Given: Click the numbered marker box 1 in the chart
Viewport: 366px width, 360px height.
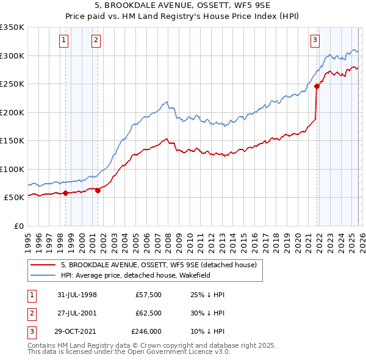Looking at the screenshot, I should pyautogui.click(x=65, y=41).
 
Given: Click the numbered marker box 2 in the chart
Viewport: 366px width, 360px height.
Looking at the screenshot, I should pyautogui.click(x=96, y=41).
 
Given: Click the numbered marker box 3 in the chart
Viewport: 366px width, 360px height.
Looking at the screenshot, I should pyautogui.click(x=315, y=41).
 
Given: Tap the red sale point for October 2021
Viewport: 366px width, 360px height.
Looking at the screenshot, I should pyautogui.click(x=317, y=87).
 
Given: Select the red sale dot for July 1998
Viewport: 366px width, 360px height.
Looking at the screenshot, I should pyautogui.click(x=65, y=193).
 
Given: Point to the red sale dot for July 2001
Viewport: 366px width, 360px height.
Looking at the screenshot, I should pyautogui.click(x=98, y=190).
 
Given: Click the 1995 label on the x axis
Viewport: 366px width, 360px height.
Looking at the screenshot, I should pyautogui.click(x=28, y=238).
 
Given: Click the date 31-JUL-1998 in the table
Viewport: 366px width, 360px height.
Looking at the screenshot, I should pyautogui.click(x=77, y=295).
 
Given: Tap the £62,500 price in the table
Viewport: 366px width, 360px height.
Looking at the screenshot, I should pyautogui.click(x=148, y=313).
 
